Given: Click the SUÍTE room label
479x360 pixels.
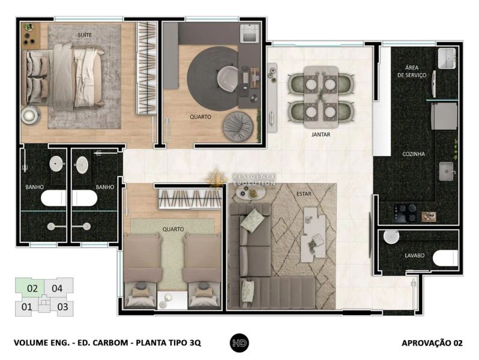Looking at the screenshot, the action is [85, 35].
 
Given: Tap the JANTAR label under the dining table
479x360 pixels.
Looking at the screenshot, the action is [321, 134].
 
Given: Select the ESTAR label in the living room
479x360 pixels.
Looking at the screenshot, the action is [304, 194].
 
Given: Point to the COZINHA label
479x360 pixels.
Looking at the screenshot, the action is [414, 154].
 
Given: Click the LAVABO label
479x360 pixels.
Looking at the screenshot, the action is [415, 256].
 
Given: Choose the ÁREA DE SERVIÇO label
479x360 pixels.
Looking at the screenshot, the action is [412, 71].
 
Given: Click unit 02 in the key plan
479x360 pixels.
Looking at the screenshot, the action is [32, 288].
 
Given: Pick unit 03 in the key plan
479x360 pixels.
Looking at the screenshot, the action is [62, 307].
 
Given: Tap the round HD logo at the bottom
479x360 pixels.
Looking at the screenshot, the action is [239, 343].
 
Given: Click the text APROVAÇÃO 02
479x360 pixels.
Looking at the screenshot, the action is [432, 343].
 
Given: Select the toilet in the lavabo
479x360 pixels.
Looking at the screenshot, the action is [445, 258].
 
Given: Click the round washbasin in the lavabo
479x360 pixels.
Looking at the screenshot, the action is [391, 237].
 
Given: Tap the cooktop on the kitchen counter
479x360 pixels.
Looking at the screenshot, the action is [405, 212].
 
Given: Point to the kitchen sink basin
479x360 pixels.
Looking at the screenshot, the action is [447, 171].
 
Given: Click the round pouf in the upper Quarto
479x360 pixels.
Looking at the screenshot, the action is [238, 127].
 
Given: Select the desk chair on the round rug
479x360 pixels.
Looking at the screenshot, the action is [227, 79].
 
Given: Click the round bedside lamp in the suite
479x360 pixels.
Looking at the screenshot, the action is [30, 115].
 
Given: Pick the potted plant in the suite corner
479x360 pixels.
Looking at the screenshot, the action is [29, 28].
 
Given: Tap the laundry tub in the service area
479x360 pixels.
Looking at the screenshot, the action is [447, 58].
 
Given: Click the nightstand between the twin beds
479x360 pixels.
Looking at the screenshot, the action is [172, 300].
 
